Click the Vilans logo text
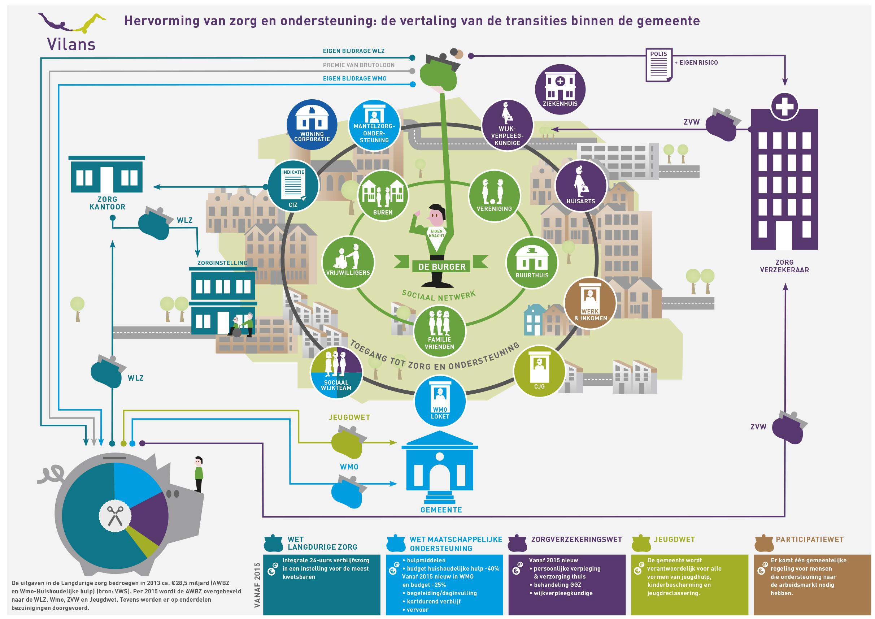[x=71, y=44]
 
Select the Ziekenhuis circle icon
[x=560, y=90]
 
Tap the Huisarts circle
[x=580, y=186]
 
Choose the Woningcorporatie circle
[x=312, y=125]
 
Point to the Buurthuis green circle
[x=532, y=263]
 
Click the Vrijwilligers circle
[x=348, y=263]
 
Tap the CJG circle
[x=539, y=372]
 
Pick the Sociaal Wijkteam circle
[x=336, y=373]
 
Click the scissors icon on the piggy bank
[x=115, y=516]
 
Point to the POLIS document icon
[x=658, y=65]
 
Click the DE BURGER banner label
[x=442, y=267]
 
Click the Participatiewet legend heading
[x=809, y=540]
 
